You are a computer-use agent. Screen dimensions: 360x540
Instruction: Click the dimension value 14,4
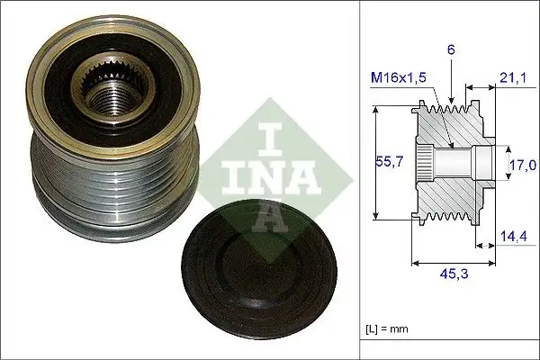coord(512,237)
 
